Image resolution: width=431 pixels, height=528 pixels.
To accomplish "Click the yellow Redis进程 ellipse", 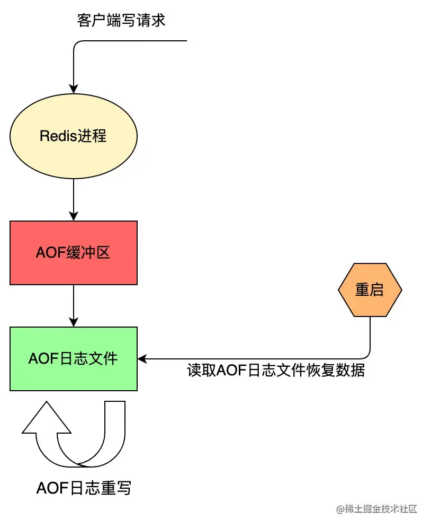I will point(74,136).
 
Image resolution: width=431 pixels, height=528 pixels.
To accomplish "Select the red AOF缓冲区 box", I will point(74,253).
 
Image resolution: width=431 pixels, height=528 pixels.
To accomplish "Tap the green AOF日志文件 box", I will point(74,359).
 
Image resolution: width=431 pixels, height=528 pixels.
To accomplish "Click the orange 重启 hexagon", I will point(370,290).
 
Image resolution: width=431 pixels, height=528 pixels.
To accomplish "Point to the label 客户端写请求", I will point(121,21).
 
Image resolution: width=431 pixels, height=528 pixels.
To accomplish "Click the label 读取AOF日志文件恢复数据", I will point(276,371).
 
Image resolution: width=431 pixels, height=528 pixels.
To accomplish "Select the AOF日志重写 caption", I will point(83,488).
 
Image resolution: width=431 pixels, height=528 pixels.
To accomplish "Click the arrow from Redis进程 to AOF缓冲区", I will point(74,199).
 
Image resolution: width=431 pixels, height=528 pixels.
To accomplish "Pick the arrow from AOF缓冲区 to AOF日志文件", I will point(74,305).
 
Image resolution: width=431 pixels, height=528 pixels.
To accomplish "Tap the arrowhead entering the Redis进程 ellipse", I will point(74,89).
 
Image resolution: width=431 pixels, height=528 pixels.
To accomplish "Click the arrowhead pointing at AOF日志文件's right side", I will point(142,359).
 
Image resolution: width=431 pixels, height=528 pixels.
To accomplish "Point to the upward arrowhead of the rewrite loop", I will point(47,419).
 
